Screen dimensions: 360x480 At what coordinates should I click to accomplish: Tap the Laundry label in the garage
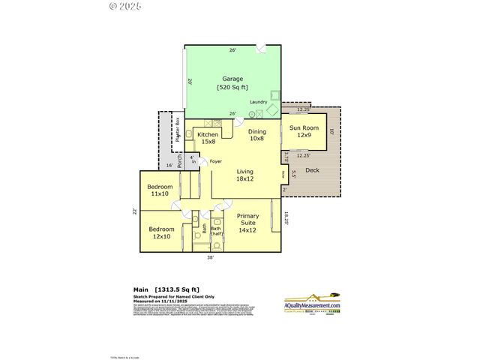point(258,102)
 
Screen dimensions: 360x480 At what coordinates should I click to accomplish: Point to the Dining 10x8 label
point(257,135)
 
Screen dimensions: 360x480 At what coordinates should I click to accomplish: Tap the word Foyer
point(216,161)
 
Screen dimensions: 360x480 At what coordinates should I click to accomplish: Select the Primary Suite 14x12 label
point(247,223)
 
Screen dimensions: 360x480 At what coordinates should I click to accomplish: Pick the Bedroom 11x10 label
point(160,190)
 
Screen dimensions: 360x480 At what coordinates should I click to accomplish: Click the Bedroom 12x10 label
point(161,232)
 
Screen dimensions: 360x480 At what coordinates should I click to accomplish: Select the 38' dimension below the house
point(211,257)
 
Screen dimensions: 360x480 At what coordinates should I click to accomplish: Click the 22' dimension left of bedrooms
point(135,211)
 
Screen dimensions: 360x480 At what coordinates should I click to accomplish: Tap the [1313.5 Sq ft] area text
point(176,289)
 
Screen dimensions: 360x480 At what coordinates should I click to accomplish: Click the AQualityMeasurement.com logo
point(312,304)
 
